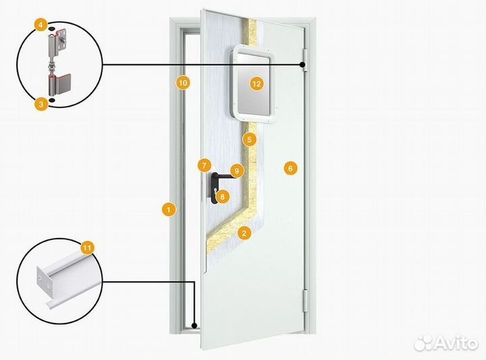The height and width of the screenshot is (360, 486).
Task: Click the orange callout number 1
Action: pos(169,209)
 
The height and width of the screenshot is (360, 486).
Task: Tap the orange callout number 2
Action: pos(244,233)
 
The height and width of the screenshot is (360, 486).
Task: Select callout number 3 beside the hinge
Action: pos(41,104)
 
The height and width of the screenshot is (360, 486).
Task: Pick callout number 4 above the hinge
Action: pos(41,25)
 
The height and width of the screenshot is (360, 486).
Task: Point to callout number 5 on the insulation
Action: pos(250,140)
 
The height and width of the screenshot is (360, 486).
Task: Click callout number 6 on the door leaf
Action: pos(290,168)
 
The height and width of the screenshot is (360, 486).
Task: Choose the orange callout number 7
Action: pos(205,165)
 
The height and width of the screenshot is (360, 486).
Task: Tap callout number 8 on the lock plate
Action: pos(223,197)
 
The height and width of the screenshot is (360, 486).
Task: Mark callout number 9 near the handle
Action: pos(237,171)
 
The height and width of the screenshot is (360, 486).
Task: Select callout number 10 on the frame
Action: pos(183,83)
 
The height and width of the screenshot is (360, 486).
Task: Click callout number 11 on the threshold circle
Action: pos(87,248)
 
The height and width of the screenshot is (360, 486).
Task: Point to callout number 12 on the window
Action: pos(256,83)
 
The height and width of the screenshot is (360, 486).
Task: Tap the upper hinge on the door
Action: pos(305,60)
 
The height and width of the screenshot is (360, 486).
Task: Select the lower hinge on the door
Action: pos(304,300)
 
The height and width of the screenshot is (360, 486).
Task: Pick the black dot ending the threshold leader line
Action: pos(194,326)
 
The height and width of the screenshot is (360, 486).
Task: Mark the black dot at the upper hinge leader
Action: pos(302,65)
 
